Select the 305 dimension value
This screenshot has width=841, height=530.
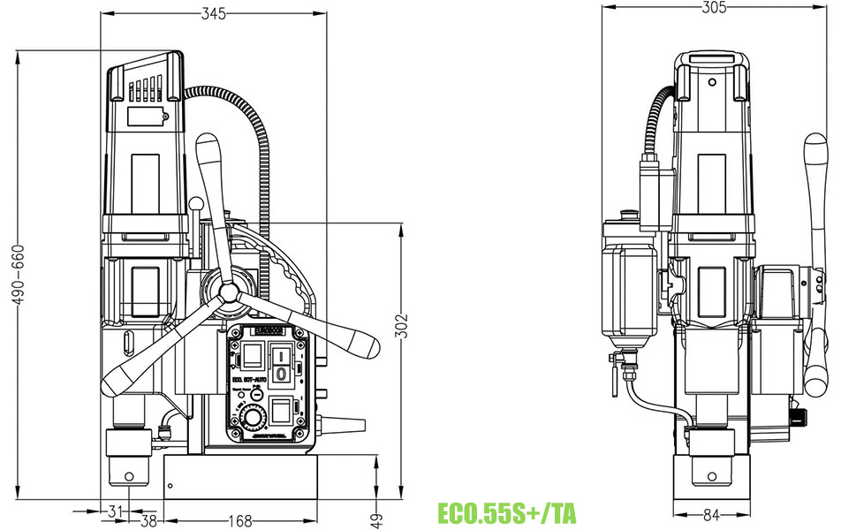coord(713,8)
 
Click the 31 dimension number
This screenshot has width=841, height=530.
coord(114,511)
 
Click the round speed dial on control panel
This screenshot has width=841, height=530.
coord(254,418)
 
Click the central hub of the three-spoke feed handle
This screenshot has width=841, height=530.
coord(229,291)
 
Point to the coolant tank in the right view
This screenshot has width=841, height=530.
coord(630,291)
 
